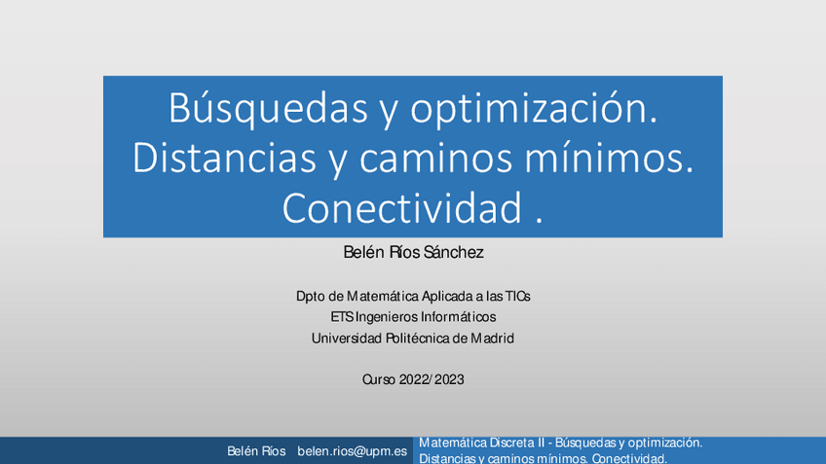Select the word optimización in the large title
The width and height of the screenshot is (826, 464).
coord(534,110)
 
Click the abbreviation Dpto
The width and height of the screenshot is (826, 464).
coord(312,296)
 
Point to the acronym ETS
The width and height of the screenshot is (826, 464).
coord(342,317)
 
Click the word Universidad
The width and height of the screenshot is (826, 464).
coord(346,339)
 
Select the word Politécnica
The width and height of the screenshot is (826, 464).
coord(426,339)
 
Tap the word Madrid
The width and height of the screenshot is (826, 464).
coord(492,339)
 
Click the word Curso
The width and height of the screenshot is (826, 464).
coord(379,379)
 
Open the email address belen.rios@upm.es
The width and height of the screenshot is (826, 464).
coord(352,451)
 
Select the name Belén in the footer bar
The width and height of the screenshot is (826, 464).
coord(242,451)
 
